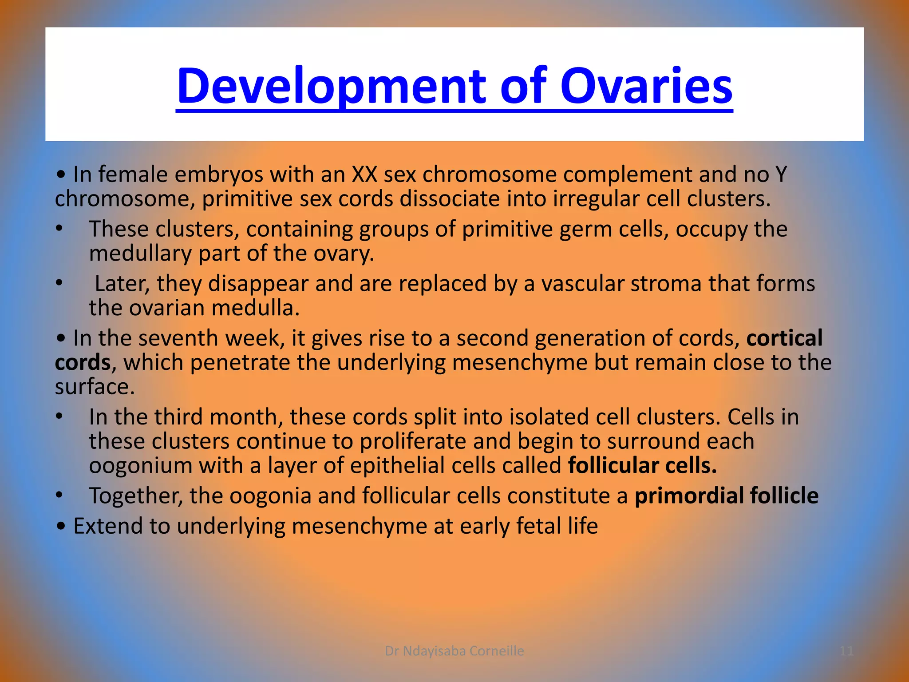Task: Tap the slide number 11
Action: coord(846,651)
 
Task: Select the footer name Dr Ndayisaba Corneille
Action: coord(454,651)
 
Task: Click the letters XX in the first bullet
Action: coord(364,174)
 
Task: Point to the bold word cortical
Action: coord(784,338)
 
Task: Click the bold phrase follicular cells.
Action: coord(642,465)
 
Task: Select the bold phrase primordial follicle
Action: coord(726,496)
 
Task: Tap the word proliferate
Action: coord(412,441)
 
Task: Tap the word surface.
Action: coord(94,387)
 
